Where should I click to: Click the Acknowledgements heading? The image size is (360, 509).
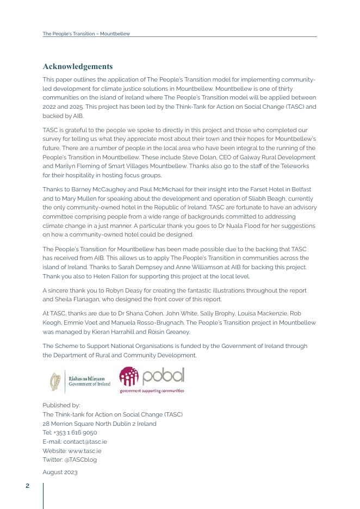click(78, 66)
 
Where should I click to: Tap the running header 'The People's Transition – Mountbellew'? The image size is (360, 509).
click(86, 34)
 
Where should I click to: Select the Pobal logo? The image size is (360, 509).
click(152, 379)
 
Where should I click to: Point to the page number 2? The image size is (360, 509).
click(28, 486)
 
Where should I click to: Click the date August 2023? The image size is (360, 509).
click(60, 472)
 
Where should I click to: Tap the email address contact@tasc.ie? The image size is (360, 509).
click(85, 442)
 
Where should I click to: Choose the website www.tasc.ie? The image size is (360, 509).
click(84, 451)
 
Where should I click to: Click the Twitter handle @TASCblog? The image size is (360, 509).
click(80, 460)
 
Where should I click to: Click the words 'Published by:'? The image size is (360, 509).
click(61, 405)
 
